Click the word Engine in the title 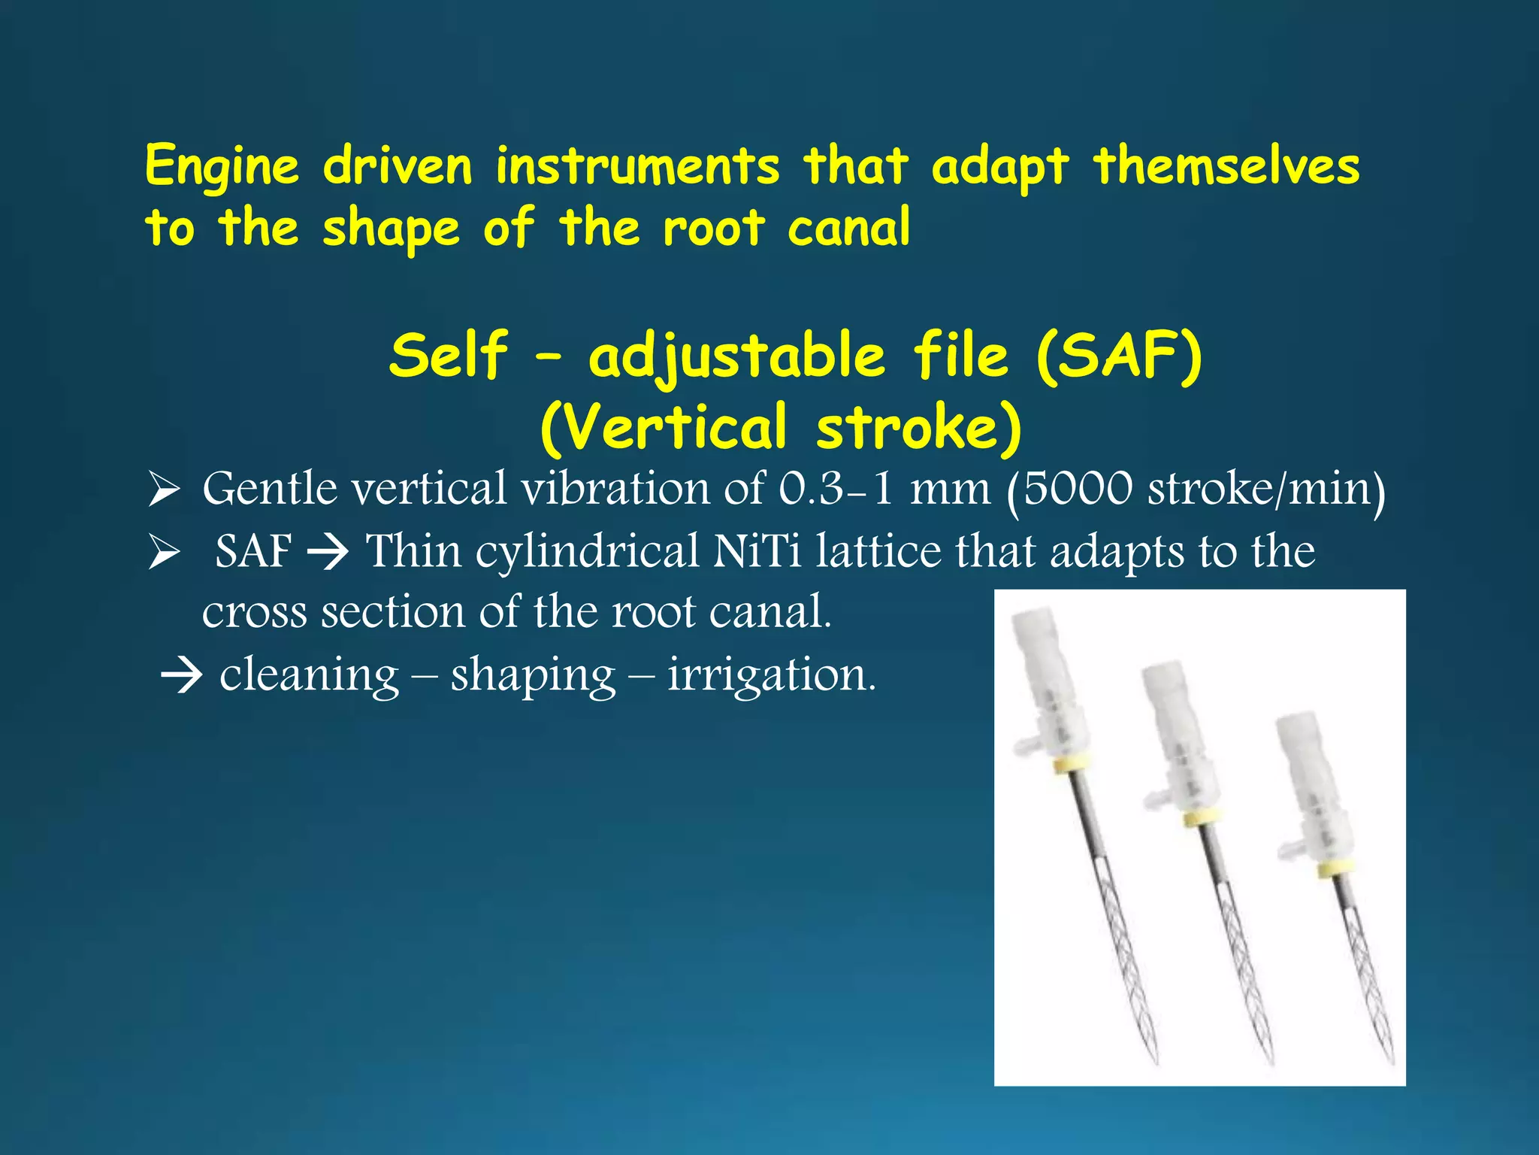pyautogui.click(x=222, y=166)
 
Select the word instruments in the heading pyautogui.click(x=637, y=166)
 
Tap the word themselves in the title pyautogui.click(x=1226, y=166)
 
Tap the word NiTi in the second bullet pyautogui.click(x=757, y=550)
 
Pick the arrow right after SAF pyautogui.click(x=328, y=551)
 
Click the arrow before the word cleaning pyautogui.click(x=182, y=675)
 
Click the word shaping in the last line pyautogui.click(x=533, y=675)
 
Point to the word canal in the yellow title pyautogui.click(x=848, y=228)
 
